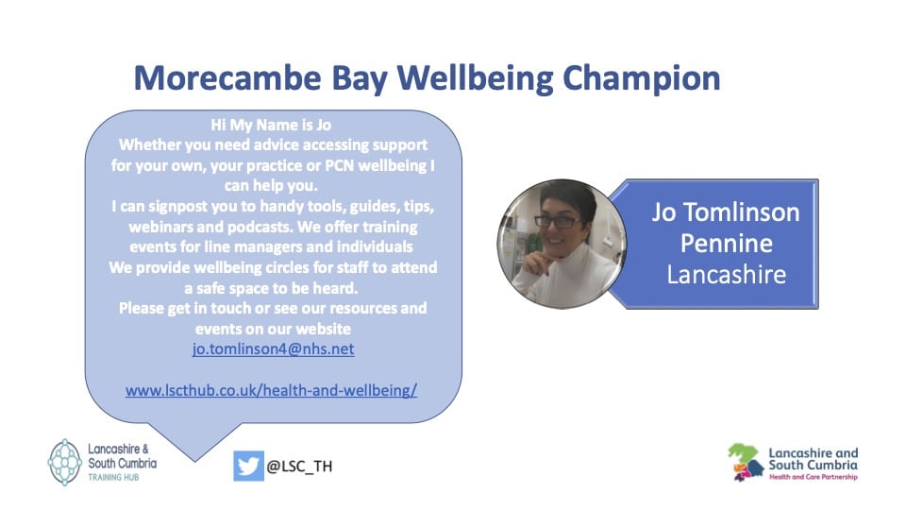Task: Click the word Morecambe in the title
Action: (227, 78)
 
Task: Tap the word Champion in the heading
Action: (642, 79)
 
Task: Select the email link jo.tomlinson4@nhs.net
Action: (274, 349)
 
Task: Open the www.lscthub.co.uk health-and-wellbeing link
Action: (271, 390)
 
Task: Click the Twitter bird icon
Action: (248, 466)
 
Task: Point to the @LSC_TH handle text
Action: (299, 466)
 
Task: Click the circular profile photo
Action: (561, 244)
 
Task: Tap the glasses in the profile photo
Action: (558, 221)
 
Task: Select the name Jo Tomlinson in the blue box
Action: (726, 212)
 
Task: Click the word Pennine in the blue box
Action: (727, 244)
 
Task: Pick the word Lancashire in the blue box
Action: (727, 275)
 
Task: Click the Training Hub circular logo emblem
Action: (65, 462)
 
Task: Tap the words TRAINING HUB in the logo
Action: (113, 478)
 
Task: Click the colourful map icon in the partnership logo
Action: (746, 462)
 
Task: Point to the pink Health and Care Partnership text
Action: (813, 477)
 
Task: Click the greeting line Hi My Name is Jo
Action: (271, 125)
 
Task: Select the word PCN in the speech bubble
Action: (340, 166)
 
